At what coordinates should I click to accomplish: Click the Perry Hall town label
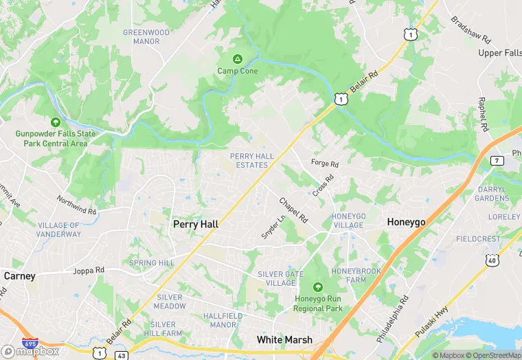coord(196,224)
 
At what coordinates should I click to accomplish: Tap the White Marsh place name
coord(284,339)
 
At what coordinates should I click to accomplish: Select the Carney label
coord(19,275)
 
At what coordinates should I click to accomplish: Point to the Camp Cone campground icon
coord(238,59)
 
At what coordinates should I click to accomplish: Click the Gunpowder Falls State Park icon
coord(55,122)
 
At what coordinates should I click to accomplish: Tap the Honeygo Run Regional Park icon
coord(317,286)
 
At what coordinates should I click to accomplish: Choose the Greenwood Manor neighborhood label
coord(146,36)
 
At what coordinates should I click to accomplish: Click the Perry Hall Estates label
coord(251,161)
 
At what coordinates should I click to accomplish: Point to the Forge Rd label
coord(325,164)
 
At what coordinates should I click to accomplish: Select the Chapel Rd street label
coord(293,210)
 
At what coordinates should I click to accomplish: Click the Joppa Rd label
coord(89,271)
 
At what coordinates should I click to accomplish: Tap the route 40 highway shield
coord(491,260)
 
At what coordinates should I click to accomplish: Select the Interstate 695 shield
coord(30,343)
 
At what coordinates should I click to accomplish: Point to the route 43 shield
coord(122,355)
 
